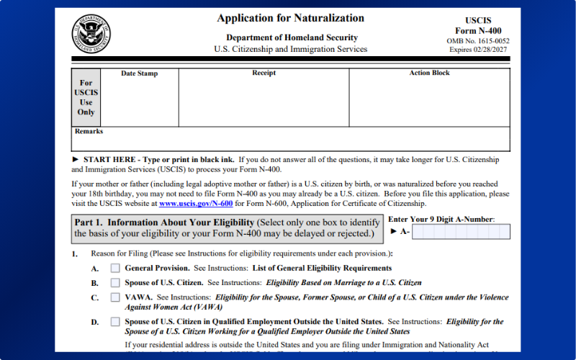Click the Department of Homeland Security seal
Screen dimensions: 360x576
coord(91,34)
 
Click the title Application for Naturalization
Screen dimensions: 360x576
coord(291,18)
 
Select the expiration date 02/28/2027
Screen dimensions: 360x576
coord(494,50)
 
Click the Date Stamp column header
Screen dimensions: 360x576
coord(139,73)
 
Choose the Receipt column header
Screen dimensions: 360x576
coord(264,73)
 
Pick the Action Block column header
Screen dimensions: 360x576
coord(429,73)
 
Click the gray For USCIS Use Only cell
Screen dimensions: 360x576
coord(86,97)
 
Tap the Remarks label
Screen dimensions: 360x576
coord(89,132)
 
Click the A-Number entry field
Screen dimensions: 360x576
coord(461,232)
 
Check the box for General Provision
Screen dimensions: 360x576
coord(115,268)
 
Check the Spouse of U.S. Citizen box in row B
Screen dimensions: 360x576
coord(115,282)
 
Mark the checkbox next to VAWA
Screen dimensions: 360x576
coord(115,297)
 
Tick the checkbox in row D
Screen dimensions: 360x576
coord(115,321)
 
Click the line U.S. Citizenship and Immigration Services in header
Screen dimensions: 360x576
coord(291,50)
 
